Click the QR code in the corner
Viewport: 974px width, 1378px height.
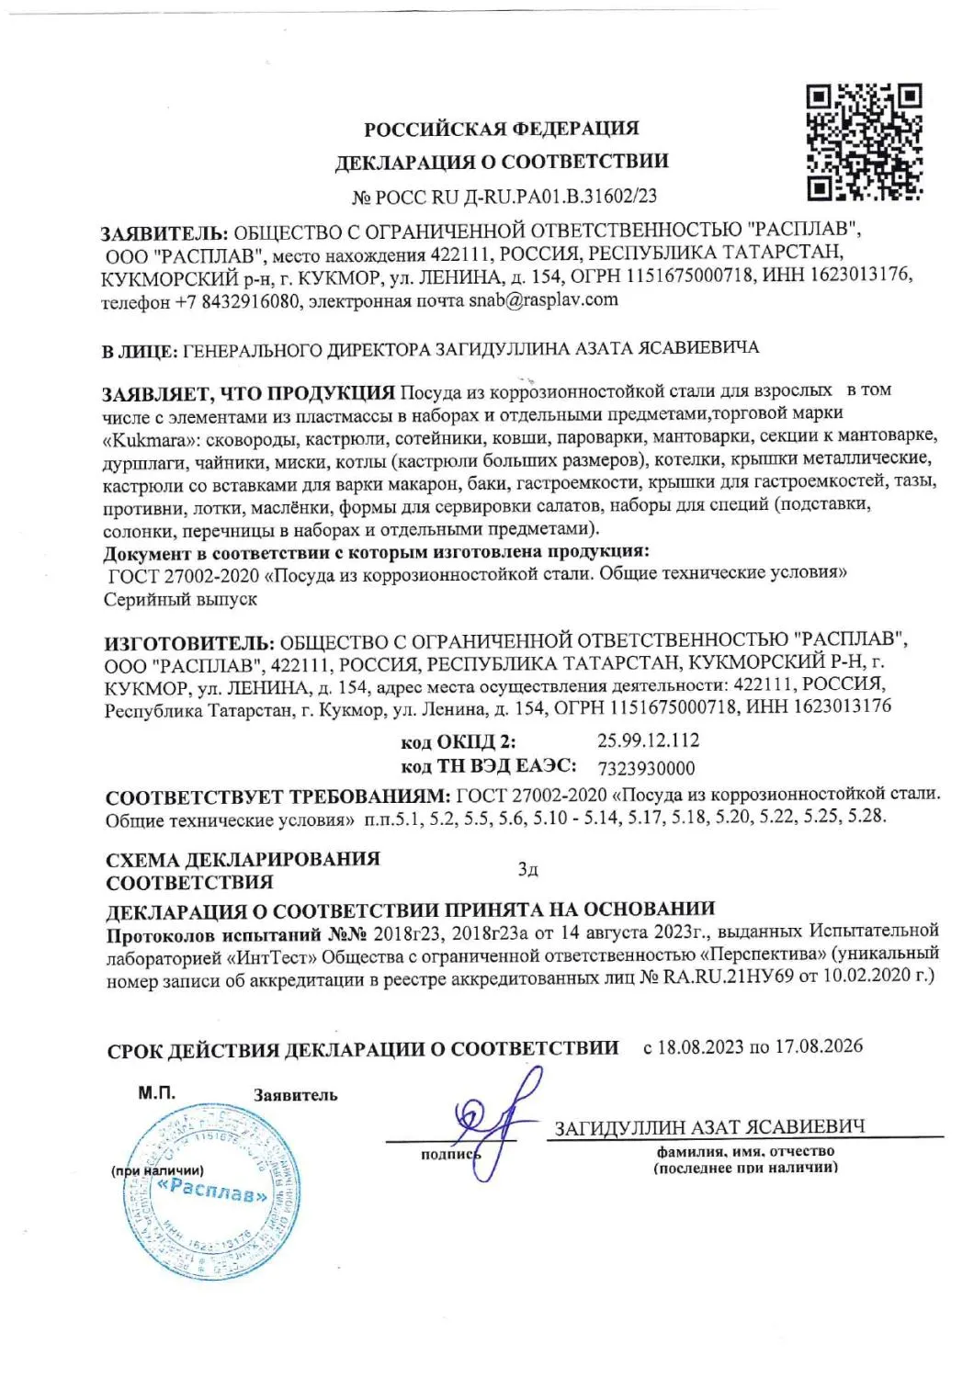click(x=864, y=142)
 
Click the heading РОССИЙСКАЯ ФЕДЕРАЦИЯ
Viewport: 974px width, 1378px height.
click(x=501, y=129)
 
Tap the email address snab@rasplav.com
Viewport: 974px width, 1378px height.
click(x=543, y=299)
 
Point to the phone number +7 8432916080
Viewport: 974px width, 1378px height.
click(x=237, y=302)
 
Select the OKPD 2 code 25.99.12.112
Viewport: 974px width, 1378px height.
click(x=648, y=740)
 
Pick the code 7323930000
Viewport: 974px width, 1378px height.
click(x=646, y=768)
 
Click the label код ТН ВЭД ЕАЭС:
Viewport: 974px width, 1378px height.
click(x=489, y=766)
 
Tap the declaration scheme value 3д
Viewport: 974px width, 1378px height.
click(x=527, y=869)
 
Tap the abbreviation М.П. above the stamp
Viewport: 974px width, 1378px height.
click(x=156, y=1093)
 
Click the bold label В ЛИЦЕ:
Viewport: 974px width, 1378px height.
click(x=140, y=351)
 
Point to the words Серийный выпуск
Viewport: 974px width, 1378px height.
click(x=181, y=600)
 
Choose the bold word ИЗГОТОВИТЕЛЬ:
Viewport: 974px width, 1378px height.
click(x=188, y=642)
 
